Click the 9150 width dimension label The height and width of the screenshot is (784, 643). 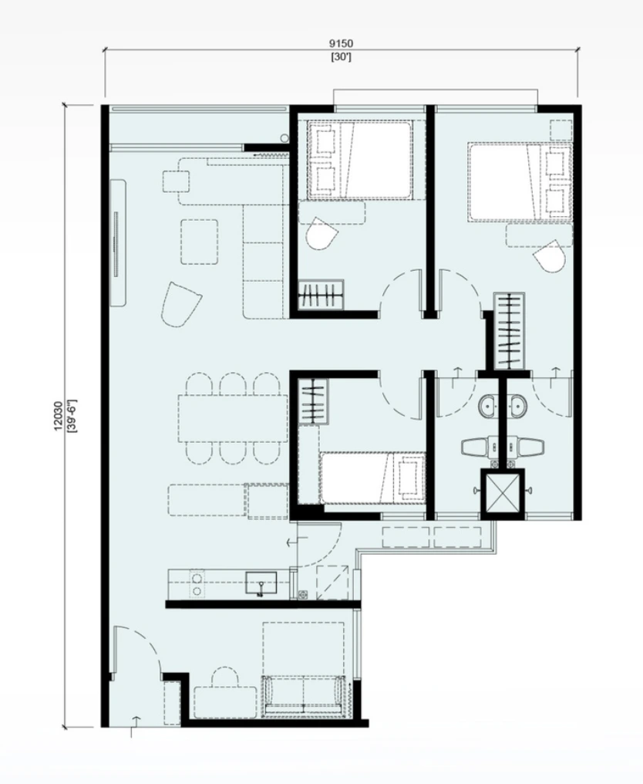click(x=342, y=43)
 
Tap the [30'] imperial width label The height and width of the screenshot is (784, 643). click(x=342, y=57)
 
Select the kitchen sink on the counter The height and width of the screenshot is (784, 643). click(x=261, y=583)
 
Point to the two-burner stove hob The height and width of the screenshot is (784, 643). click(x=197, y=584)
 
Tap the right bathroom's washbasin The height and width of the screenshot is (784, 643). click(x=518, y=405)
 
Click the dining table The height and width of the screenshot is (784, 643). click(x=232, y=418)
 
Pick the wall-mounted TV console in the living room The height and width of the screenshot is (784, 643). click(x=119, y=243)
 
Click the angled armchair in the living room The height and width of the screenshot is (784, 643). click(x=180, y=304)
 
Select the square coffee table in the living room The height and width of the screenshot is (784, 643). click(x=200, y=242)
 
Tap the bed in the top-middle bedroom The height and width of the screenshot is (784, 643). click(x=361, y=160)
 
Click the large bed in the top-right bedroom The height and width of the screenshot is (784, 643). click(x=520, y=182)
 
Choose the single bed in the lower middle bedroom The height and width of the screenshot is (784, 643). click(x=373, y=478)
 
